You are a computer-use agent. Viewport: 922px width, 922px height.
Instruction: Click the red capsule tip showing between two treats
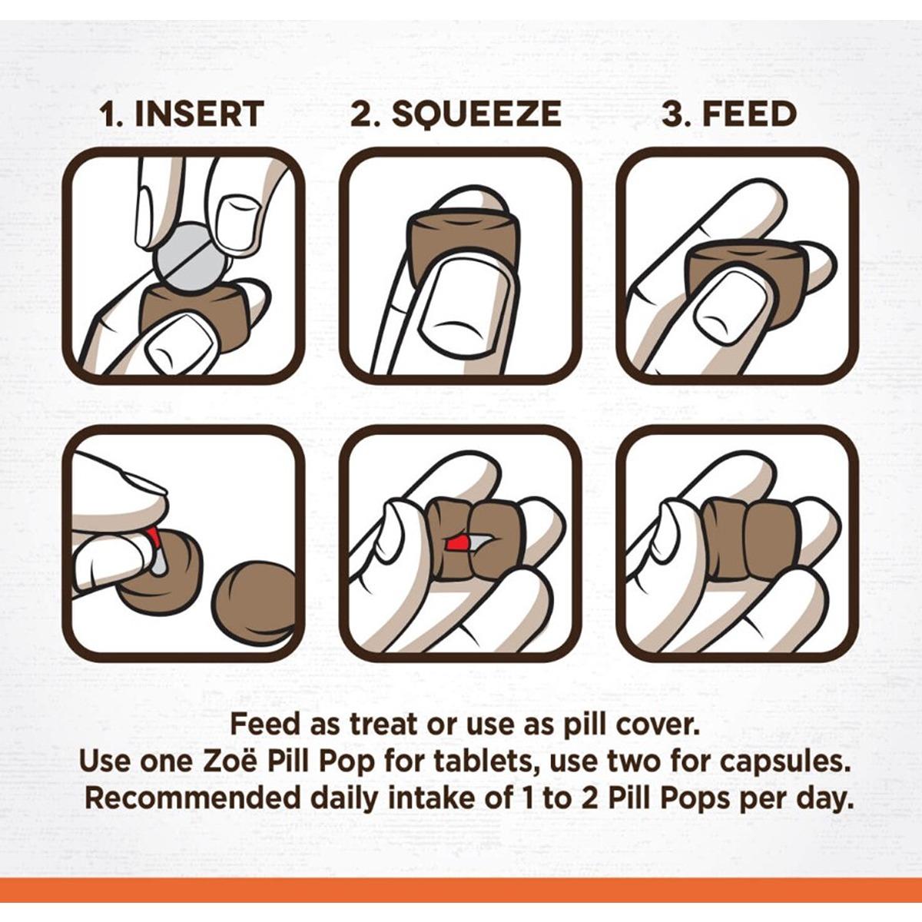pyautogui.click(x=459, y=543)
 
